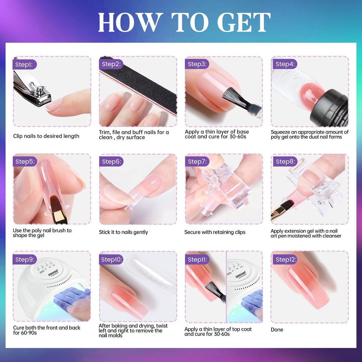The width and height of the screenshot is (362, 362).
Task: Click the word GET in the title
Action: pos(244,22)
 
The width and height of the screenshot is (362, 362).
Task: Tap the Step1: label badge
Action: pos(25,65)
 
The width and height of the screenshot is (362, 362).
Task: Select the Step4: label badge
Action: pos(285,64)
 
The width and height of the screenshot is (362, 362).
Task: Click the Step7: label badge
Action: pos(197,162)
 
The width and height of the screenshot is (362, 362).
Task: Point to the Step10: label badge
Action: pos(111,259)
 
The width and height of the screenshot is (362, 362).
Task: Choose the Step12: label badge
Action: pos(285,259)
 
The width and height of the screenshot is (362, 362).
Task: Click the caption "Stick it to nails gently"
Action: pos(123,232)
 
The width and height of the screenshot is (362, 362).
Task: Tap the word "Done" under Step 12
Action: pos(277,330)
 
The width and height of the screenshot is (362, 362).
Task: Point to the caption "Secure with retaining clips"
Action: pos(215,232)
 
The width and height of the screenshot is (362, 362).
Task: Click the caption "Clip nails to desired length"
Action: pos(46,136)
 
